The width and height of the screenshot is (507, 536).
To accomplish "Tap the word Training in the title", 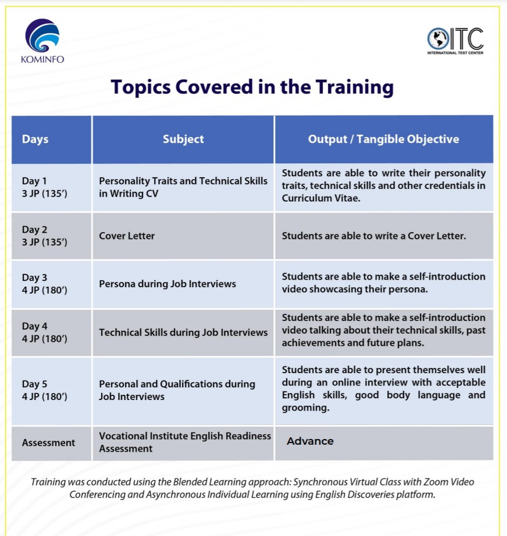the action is coord(354,87).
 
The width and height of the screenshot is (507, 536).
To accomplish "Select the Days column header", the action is coord(35,139).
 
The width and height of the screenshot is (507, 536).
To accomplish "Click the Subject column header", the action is coord(183,139).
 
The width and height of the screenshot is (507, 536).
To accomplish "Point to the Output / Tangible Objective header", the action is coord(384,139).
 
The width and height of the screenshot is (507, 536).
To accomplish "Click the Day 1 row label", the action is coord(44,187).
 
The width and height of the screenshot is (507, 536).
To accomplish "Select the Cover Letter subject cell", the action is coord(127,236).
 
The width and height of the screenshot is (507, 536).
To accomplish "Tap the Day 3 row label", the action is coord(44,284).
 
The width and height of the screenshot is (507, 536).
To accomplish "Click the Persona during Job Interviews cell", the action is coord(167,284).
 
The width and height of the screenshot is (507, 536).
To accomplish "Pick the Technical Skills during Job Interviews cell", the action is coord(183,333).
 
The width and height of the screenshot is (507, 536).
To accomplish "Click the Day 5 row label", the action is coord(44,390).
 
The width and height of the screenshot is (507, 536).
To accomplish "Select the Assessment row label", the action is coord(48,442).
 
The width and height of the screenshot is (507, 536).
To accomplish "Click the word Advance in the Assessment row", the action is coord(310,441).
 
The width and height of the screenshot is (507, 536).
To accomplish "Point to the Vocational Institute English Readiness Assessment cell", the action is coord(185,442).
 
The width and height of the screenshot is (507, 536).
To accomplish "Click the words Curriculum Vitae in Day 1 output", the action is coord(321,198).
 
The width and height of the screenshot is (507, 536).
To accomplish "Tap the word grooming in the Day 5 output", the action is coord(306,408).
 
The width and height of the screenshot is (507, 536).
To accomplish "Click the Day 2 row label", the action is coord(44,235).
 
